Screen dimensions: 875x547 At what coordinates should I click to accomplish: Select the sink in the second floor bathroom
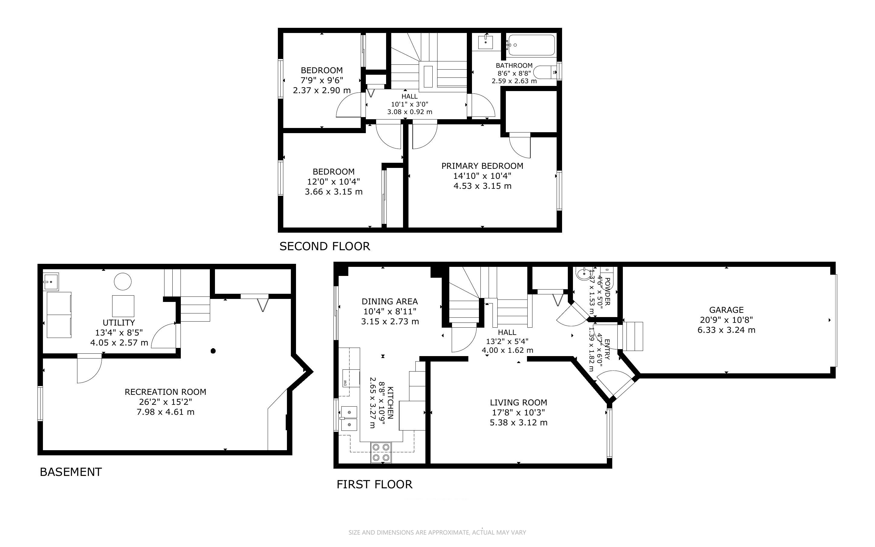pyautogui.click(x=486, y=42)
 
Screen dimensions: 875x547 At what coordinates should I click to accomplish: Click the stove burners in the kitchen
pyautogui.click(x=381, y=452)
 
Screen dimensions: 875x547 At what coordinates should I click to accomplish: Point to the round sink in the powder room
pyautogui.click(x=583, y=274)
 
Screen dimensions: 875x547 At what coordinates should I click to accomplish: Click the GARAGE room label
pyautogui.click(x=726, y=310)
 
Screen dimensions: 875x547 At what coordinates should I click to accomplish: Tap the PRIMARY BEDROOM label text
pyautogui.click(x=482, y=166)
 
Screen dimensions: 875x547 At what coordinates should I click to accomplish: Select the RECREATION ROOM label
pyautogui.click(x=165, y=392)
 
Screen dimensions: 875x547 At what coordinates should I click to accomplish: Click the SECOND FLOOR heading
pyautogui.click(x=324, y=246)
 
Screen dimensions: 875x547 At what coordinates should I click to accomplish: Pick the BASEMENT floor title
pyautogui.click(x=71, y=472)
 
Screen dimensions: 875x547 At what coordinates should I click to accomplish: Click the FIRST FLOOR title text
pyautogui.click(x=374, y=484)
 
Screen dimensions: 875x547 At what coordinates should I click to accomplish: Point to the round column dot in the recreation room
pyautogui.click(x=213, y=351)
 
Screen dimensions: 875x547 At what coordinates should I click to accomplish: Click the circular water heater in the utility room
pyautogui.click(x=122, y=281)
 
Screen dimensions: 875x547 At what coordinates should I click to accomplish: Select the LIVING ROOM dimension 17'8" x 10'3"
pyautogui.click(x=518, y=412)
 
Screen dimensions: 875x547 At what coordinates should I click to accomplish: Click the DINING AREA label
pyautogui.click(x=390, y=301)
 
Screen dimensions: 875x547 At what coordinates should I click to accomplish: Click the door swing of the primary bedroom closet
pyautogui.click(x=520, y=146)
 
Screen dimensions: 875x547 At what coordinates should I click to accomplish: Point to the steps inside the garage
pyautogui.click(x=633, y=336)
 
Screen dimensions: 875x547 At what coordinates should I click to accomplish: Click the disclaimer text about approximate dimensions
pyautogui.click(x=437, y=532)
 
